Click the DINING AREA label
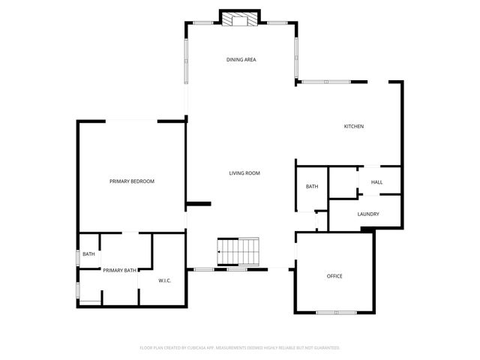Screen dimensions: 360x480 241,59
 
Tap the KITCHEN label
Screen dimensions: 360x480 354,126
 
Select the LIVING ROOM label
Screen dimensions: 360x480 244,173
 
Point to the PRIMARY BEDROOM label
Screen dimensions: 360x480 132,181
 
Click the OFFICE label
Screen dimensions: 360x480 334,276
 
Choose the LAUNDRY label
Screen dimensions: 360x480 368,214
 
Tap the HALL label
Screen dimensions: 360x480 376,182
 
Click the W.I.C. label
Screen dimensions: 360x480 165,280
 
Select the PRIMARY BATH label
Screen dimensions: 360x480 120,270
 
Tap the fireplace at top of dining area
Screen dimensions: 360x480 240,19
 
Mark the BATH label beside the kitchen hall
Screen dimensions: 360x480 312,187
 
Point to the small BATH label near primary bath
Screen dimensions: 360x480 88,254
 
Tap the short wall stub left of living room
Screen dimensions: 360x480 199,202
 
